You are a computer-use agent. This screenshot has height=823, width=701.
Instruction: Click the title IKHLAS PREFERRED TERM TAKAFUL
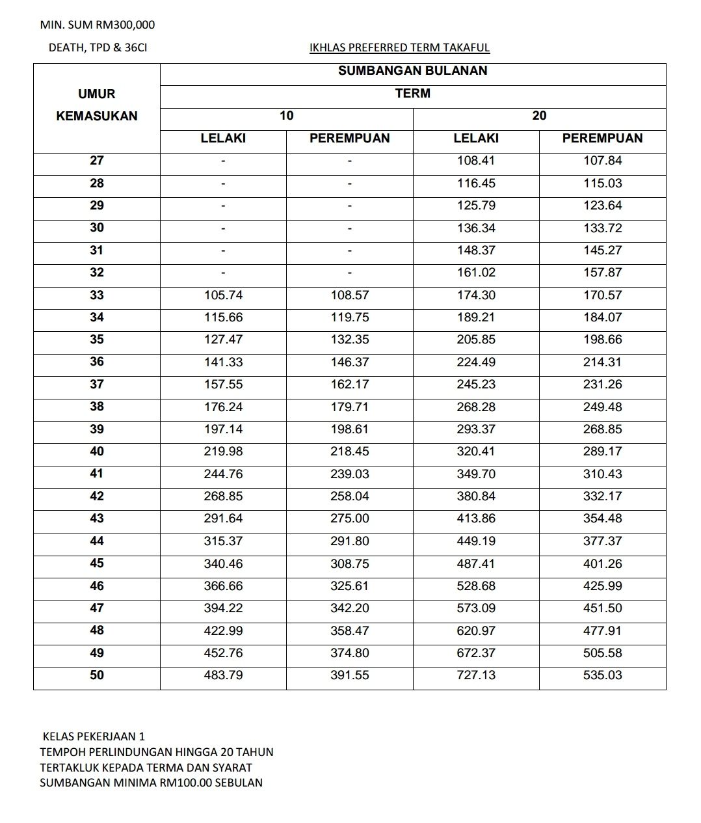pos(400,47)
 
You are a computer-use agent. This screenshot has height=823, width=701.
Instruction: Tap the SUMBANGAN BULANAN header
pos(412,71)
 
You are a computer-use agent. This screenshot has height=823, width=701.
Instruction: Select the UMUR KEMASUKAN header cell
pos(97,105)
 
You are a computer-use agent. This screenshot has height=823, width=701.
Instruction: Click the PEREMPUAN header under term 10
pos(349,139)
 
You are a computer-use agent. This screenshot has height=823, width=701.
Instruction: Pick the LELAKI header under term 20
pos(476,139)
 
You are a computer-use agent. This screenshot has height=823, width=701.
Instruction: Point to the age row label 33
pos(97,295)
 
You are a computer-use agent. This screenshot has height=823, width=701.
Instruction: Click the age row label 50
pos(97,675)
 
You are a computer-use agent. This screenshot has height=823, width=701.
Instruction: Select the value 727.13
pos(476,675)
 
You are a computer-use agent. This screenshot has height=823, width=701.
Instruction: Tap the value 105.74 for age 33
pos(223,295)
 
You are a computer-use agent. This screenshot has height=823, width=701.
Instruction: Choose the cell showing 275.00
pos(349,519)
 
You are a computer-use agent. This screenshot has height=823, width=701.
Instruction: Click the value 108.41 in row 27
pos(476,161)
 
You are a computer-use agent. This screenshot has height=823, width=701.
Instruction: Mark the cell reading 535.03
pos(602,675)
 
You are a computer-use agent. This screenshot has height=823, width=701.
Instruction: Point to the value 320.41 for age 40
pos(476,452)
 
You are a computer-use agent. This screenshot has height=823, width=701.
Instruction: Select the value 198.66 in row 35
pos(602,340)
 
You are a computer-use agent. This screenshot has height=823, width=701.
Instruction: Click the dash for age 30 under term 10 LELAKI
pos(223,228)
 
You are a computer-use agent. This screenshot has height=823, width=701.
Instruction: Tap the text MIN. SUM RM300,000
pos(98,25)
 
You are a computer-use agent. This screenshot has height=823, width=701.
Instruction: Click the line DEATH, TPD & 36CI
pos(98,47)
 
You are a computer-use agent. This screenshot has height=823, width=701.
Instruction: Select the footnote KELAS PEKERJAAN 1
pos(94,736)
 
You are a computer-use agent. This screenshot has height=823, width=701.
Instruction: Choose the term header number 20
pos(539,116)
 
